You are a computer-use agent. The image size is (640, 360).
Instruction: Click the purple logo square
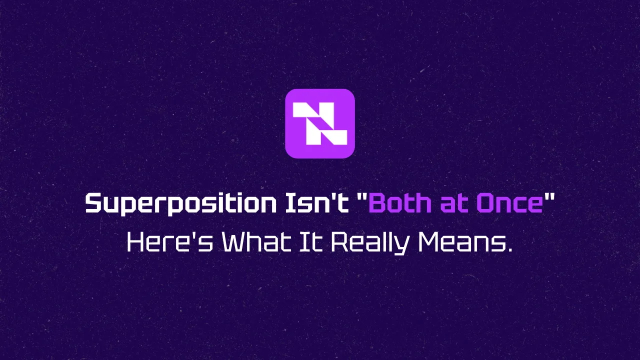[x=320, y=123]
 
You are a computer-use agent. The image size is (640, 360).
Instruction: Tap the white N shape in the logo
[x=320, y=123]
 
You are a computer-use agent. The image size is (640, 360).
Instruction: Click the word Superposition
[x=181, y=204]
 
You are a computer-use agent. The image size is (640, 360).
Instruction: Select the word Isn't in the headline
[x=317, y=203]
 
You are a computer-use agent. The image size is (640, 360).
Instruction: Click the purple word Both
[x=400, y=203]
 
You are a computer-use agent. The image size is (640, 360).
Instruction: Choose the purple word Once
[x=510, y=203]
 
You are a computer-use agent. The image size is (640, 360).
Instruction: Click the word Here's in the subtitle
[x=170, y=242]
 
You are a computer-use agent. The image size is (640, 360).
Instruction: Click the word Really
[x=369, y=243]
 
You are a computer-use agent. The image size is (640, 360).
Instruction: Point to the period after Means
[x=509, y=250]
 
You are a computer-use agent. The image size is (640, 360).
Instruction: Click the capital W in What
[x=235, y=242]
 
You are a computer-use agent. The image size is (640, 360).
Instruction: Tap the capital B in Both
[x=379, y=203]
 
